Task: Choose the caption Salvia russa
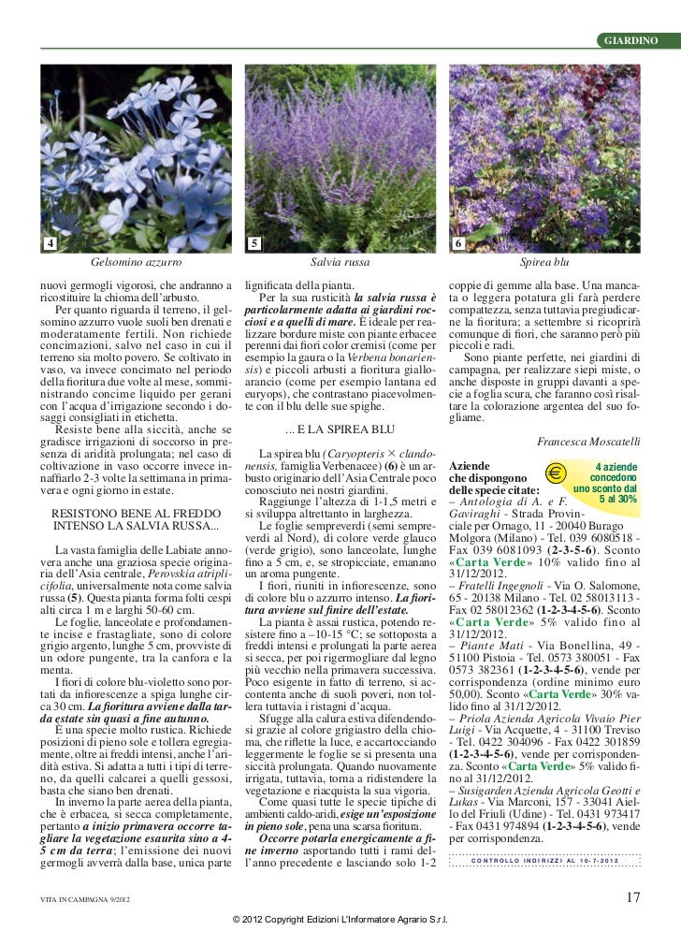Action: click(340, 265)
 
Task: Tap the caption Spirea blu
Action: click(545, 265)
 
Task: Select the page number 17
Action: click(632, 898)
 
